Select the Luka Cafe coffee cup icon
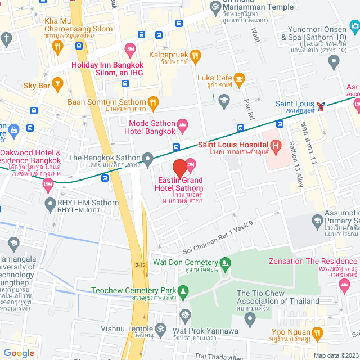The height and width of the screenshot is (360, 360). tap(240, 80)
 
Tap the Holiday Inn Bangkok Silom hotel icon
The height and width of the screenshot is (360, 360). tap(130, 51)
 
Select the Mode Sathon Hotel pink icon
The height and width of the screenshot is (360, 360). tap(182, 124)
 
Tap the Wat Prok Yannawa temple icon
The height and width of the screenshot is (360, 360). tap(185, 315)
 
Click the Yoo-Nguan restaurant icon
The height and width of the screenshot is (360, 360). tap(317, 334)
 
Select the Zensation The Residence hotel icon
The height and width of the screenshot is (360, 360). tap(345, 287)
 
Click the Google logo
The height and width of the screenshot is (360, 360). tap(19, 353)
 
